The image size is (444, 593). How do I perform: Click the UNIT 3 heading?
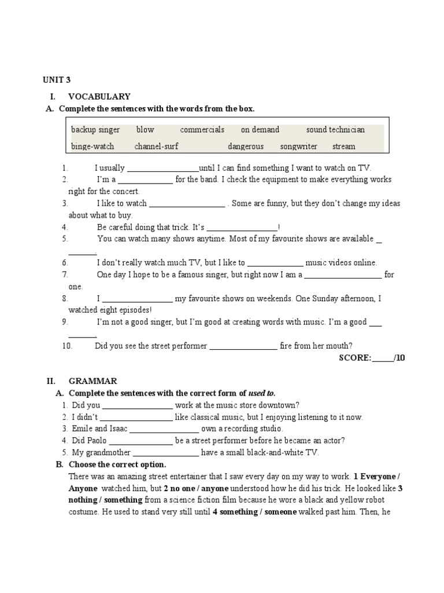pyautogui.click(x=57, y=80)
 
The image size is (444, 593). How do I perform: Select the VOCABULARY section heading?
pyautogui.click(x=99, y=97)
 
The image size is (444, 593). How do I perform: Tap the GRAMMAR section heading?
pyautogui.click(x=92, y=381)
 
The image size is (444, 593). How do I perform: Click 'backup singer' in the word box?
pyautogui.click(x=95, y=130)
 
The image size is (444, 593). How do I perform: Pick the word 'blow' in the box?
pyautogui.click(x=145, y=130)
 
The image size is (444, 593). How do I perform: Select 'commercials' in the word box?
pyautogui.click(x=202, y=130)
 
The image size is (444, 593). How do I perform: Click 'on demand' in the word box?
pyautogui.click(x=260, y=130)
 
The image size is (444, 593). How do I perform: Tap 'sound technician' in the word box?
pyautogui.click(x=335, y=130)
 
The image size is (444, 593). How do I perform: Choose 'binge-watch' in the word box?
pyautogui.click(x=92, y=147)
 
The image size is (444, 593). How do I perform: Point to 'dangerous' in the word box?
pyautogui.click(x=245, y=147)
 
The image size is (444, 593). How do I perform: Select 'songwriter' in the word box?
pyautogui.click(x=298, y=147)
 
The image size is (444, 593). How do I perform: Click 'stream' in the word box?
pyautogui.click(x=344, y=147)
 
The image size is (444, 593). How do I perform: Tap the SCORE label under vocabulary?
pyautogui.click(x=354, y=358)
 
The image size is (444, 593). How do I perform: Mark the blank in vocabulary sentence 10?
pyautogui.click(x=243, y=346)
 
